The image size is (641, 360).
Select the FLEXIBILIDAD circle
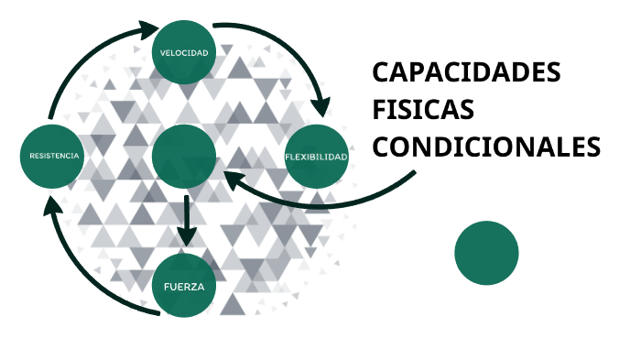pos(317,157)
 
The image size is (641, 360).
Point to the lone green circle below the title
pos(486,253)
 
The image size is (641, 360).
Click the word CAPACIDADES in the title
pos(466,74)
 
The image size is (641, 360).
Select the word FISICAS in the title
pos(423,110)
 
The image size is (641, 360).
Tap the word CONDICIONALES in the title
pos(487,147)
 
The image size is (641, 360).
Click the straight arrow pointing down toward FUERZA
pos(187,218)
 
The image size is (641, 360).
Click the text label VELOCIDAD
pos(184,52)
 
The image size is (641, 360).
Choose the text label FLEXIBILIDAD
pos(317,157)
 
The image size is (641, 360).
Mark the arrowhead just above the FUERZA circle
pos(187,236)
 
